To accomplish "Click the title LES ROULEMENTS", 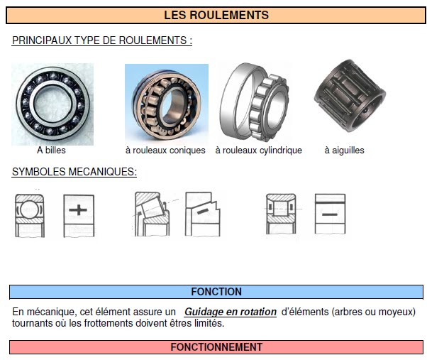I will [x=216, y=15].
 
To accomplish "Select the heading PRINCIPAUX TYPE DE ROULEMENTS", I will [x=102, y=40].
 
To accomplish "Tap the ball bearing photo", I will [x=52, y=104].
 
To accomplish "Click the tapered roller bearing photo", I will [x=166, y=104].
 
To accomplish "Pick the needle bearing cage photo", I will [x=348, y=100].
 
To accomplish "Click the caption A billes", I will [x=52, y=151].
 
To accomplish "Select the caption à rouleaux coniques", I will [x=165, y=151].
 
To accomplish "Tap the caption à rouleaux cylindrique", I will [x=258, y=151].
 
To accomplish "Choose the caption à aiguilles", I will [x=344, y=151].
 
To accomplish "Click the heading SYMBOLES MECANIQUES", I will [x=74, y=172].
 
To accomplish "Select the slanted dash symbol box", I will [x=203, y=214].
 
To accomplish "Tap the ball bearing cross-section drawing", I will [x=30, y=214].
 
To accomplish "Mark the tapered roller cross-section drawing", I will [x=153, y=214].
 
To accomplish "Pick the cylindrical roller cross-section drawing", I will [x=282, y=214].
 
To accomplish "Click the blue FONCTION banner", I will [x=216, y=292].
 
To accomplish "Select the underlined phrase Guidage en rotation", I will [x=230, y=312].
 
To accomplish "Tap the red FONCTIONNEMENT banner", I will [x=216, y=347].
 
